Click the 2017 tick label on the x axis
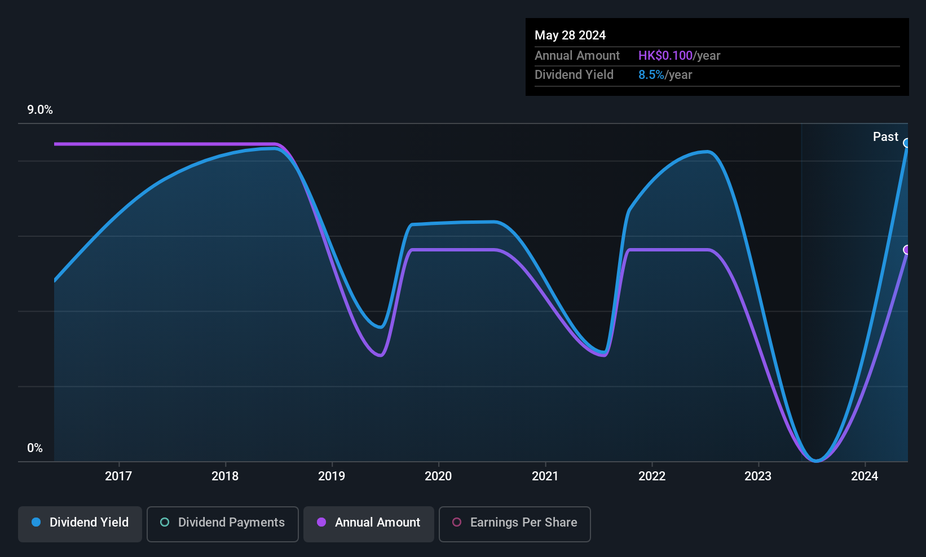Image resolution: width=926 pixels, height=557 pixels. pyautogui.click(x=118, y=476)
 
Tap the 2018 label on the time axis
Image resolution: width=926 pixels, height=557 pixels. pyautogui.click(x=226, y=476)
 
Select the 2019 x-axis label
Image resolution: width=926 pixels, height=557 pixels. pyautogui.click(x=332, y=476)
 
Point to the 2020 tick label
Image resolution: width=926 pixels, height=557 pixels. pyautogui.click(x=439, y=476)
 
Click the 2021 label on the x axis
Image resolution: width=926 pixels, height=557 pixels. pyautogui.click(x=545, y=476)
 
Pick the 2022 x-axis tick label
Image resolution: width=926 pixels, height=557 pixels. pyautogui.click(x=652, y=476)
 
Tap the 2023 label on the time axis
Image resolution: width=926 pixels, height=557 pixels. pyautogui.click(x=758, y=476)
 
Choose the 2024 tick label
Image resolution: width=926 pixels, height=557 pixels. pyautogui.click(x=865, y=476)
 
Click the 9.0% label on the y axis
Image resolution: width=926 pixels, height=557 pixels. pyautogui.click(x=40, y=110)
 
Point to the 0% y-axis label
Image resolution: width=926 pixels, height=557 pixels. pyautogui.click(x=35, y=448)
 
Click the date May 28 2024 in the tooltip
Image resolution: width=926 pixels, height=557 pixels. pyautogui.click(x=570, y=35)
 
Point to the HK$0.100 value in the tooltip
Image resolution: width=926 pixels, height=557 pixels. pyautogui.click(x=665, y=55)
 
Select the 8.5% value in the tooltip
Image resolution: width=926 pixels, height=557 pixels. pyautogui.click(x=651, y=75)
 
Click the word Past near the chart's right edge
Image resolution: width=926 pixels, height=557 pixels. pyautogui.click(x=885, y=137)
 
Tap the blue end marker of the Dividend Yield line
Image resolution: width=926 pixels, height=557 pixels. pyautogui.click(x=906, y=143)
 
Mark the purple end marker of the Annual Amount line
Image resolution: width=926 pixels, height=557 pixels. pyautogui.click(x=906, y=250)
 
